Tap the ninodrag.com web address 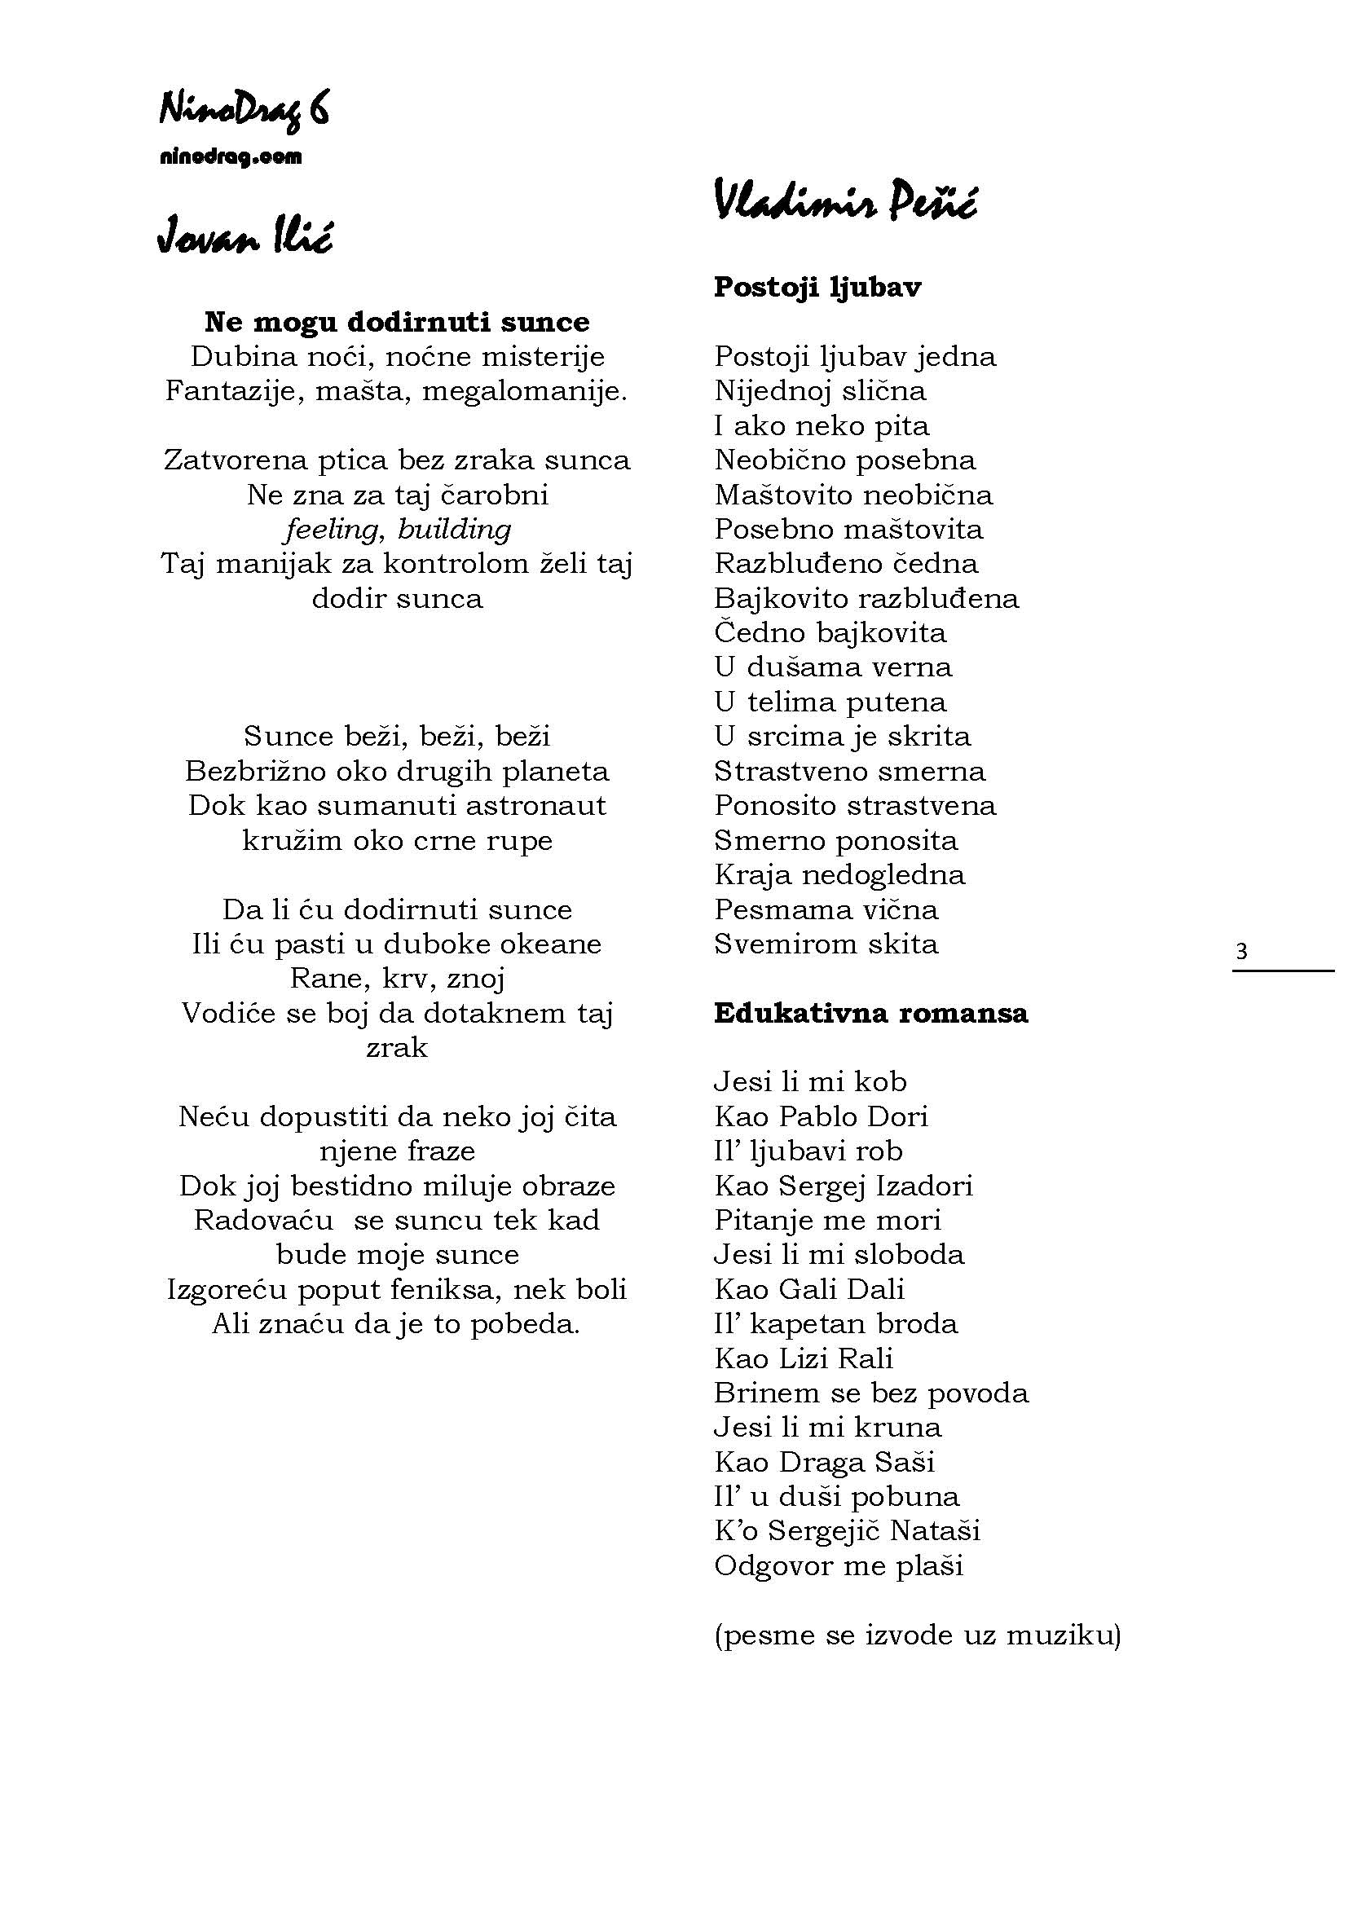point(231,157)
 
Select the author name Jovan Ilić point(244,235)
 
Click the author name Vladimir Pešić point(845,202)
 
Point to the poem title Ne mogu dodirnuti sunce point(397,322)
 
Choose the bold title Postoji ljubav point(817,287)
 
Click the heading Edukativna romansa point(870,1013)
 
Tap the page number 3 point(1241,951)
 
